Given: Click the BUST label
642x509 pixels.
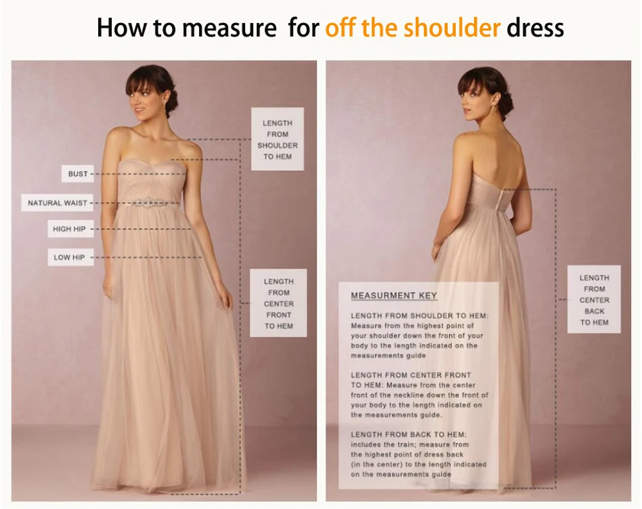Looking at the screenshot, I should pyautogui.click(x=78, y=174).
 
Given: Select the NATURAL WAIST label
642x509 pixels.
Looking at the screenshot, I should pyautogui.click(x=57, y=203).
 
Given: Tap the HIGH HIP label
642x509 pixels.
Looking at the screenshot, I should pyautogui.click(x=69, y=229).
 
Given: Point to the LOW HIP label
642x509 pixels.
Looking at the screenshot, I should pyautogui.click(x=69, y=257).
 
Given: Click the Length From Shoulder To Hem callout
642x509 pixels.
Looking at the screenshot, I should pyautogui.click(x=277, y=139).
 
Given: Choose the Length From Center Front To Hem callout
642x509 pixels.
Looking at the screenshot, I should pyautogui.click(x=279, y=304).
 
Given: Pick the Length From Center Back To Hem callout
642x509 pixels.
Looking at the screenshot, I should pyautogui.click(x=594, y=300).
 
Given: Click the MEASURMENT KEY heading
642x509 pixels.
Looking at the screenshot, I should pyautogui.click(x=394, y=296).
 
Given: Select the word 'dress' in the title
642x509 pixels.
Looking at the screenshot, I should pyautogui.click(x=535, y=28).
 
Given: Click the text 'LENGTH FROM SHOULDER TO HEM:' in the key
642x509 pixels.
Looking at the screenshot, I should pyautogui.click(x=419, y=316).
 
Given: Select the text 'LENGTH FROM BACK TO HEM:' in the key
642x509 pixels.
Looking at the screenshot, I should pyautogui.click(x=408, y=435).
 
